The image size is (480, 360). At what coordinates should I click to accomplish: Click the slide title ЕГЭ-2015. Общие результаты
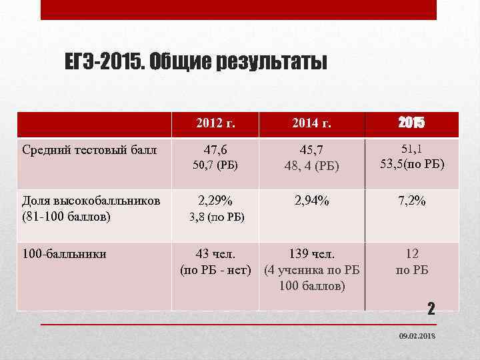pyautogui.click(x=196, y=62)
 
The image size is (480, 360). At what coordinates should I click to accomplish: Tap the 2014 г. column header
pyautogui.click(x=312, y=123)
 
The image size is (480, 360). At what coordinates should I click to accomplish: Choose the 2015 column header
pyautogui.click(x=411, y=123)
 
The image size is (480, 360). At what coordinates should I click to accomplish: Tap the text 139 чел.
pyautogui.click(x=312, y=254)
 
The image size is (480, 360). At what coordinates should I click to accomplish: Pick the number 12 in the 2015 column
pyautogui.click(x=411, y=254)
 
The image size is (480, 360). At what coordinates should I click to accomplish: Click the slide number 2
pyautogui.click(x=431, y=308)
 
